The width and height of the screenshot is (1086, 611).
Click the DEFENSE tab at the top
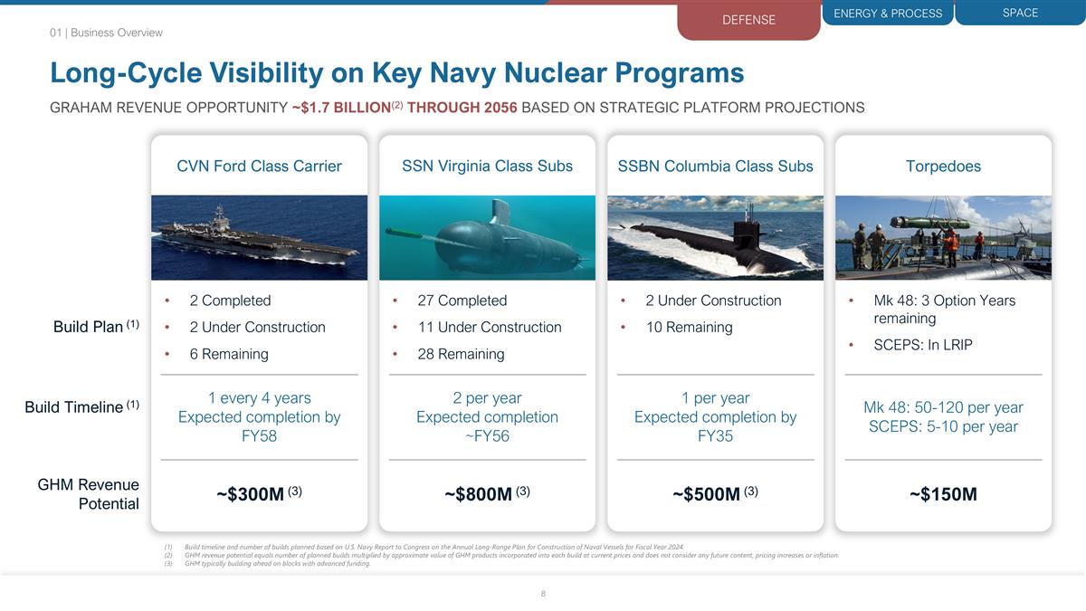pyautogui.click(x=748, y=20)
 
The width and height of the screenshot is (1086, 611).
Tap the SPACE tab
pyautogui.click(x=1020, y=13)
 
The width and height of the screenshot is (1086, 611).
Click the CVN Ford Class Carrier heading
pyautogui.click(x=259, y=166)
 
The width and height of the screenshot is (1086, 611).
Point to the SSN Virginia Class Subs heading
pyautogui.click(x=487, y=166)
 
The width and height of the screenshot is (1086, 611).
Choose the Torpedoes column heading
pyautogui.click(x=943, y=166)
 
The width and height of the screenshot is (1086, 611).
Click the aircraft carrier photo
pyautogui.click(x=259, y=237)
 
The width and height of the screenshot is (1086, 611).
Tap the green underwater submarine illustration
pyautogui.click(x=487, y=238)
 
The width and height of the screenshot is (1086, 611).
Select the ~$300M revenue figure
pyautogui.click(x=252, y=494)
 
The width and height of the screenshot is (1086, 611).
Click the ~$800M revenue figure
pyautogui.click(x=480, y=494)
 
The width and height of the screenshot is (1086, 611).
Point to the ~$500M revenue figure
pyautogui.click(x=708, y=494)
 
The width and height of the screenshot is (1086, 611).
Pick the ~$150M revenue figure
pyautogui.click(x=943, y=494)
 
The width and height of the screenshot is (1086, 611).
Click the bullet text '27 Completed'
pyautogui.click(x=462, y=301)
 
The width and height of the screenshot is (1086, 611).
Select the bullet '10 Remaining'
pyautogui.click(x=689, y=327)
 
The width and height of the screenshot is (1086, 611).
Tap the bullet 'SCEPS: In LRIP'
pyautogui.click(x=923, y=345)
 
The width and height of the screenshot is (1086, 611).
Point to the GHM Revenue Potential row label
pyautogui.click(x=89, y=494)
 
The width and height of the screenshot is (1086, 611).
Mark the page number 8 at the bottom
pyautogui.click(x=543, y=594)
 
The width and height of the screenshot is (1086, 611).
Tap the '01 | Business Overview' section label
pyautogui.click(x=106, y=33)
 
